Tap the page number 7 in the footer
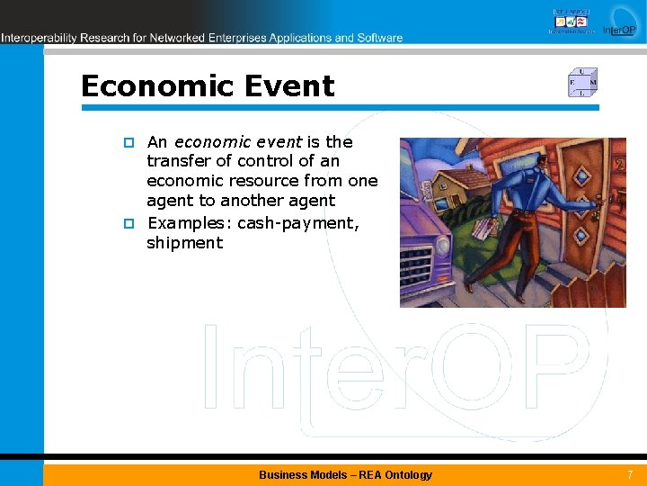(629, 474)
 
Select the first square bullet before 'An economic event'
(129, 142)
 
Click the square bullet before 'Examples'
(129, 222)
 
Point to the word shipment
(184, 243)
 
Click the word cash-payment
(297, 222)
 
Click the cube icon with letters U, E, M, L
(582, 83)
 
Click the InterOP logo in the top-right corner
(619, 22)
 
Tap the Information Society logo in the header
(572, 20)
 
